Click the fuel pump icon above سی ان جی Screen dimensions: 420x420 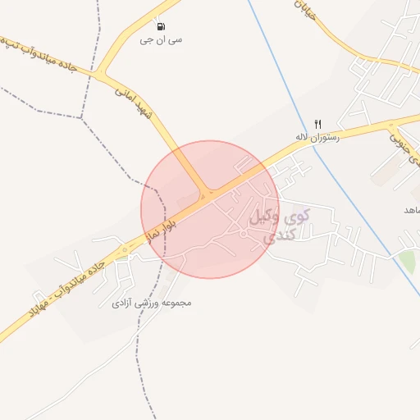(159, 26)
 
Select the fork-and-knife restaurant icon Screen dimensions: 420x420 (318, 124)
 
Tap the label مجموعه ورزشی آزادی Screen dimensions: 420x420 (152, 303)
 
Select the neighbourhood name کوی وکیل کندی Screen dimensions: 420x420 (280, 226)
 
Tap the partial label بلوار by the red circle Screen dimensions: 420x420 (159, 227)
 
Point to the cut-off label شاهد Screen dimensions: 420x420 (409, 211)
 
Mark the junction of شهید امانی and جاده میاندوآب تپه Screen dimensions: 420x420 (101, 75)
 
